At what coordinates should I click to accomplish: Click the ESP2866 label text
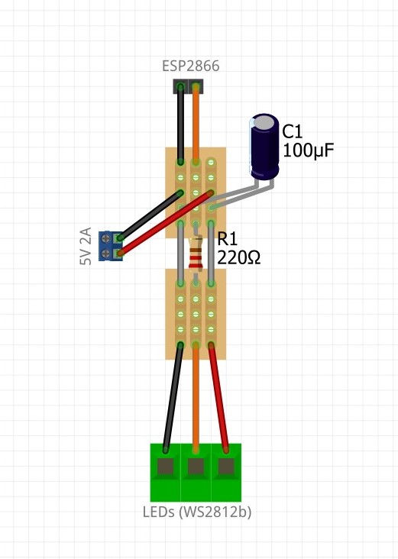click(x=190, y=66)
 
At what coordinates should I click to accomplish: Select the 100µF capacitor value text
click(x=308, y=150)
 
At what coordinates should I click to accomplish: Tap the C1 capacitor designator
click(x=292, y=131)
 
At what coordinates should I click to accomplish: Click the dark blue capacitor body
click(x=264, y=146)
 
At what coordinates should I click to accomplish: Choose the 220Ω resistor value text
click(x=238, y=257)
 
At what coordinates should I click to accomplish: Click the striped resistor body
click(x=196, y=253)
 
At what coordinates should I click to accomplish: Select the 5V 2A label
click(x=86, y=246)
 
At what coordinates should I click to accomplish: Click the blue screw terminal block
click(x=111, y=246)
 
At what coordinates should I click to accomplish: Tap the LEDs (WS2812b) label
click(x=197, y=512)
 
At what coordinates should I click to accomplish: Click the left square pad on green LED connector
click(x=165, y=467)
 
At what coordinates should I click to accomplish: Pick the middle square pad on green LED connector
click(x=196, y=467)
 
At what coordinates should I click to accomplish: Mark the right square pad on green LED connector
click(x=226, y=467)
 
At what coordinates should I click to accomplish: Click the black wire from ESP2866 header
click(x=180, y=124)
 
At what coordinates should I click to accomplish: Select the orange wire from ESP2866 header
click(x=196, y=124)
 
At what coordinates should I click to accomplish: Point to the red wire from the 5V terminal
click(x=166, y=223)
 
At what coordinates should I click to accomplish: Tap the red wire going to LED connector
click(x=218, y=398)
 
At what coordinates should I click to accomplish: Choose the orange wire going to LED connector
click(x=196, y=398)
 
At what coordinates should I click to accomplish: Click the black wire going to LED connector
click(x=173, y=398)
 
